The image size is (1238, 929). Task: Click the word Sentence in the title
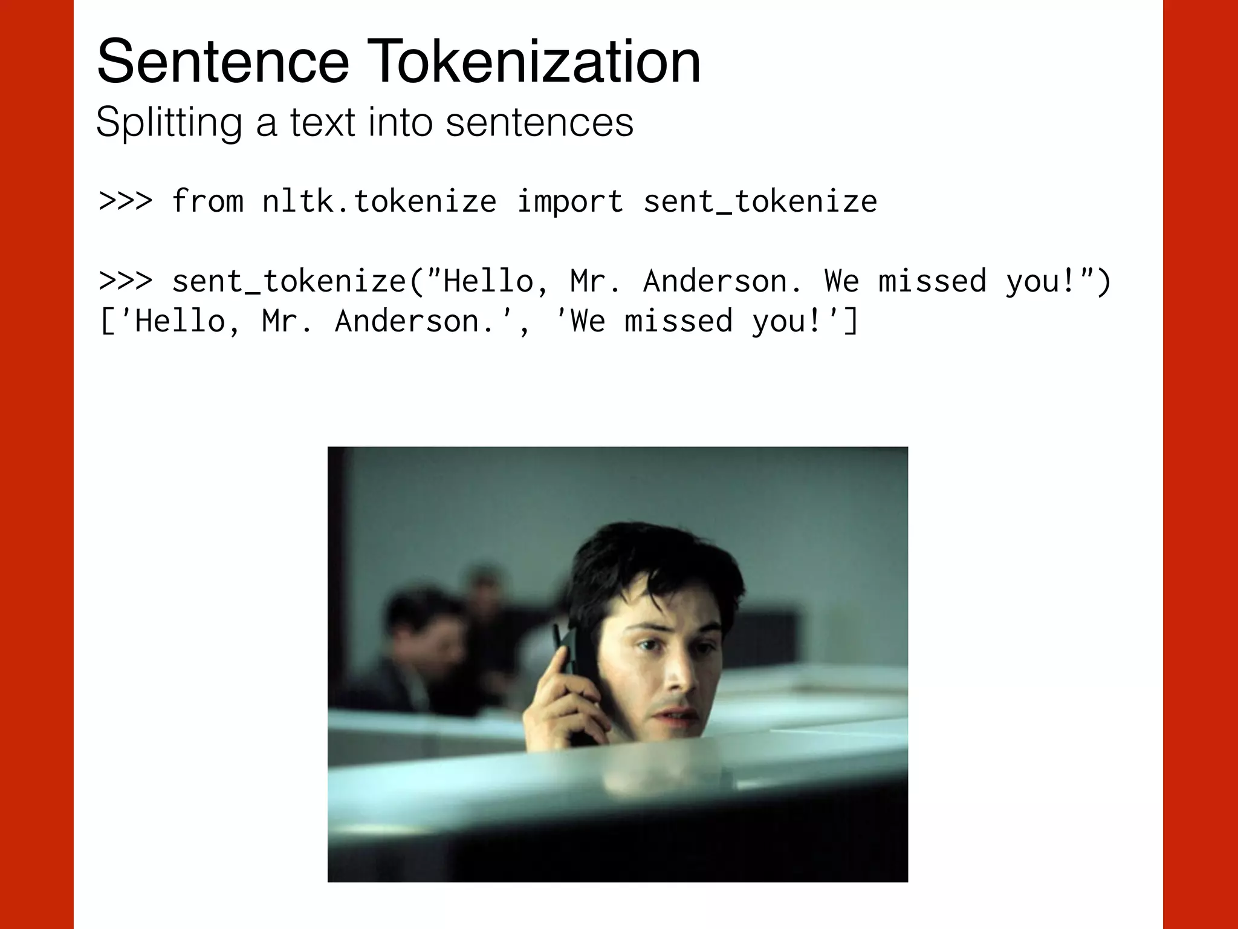coord(222,62)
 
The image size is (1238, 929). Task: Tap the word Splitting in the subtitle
coord(168,122)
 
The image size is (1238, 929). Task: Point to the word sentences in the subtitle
coord(539,122)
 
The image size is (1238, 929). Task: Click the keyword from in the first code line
coord(207,201)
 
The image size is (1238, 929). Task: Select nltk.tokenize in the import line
coord(379,201)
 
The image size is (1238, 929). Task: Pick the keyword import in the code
coord(569,201)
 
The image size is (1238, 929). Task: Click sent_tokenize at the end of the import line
coord(760,201)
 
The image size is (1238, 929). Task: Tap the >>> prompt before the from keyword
coord(125,201)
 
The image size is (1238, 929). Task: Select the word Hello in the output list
coord(180,321)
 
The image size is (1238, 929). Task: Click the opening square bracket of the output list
coord(106,321)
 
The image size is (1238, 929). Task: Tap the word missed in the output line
coord(678,321)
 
